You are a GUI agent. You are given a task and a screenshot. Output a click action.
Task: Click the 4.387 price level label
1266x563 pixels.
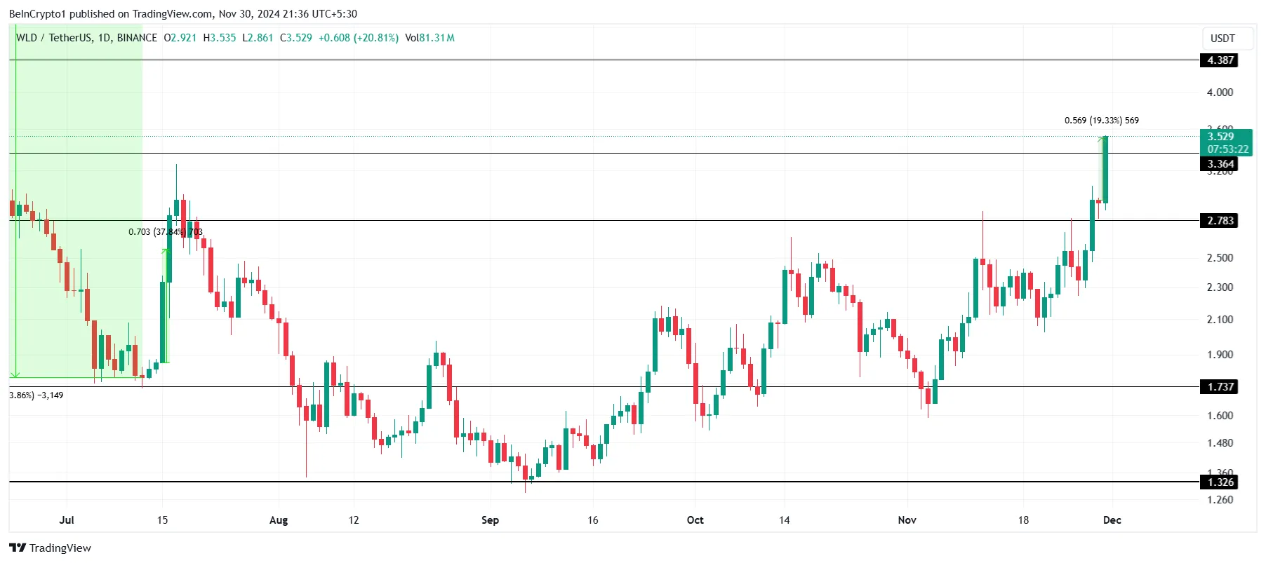1220,60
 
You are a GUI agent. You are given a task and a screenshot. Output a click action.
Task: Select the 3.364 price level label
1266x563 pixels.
1220,164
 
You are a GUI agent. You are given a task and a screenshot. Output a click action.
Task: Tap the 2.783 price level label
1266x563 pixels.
1220,221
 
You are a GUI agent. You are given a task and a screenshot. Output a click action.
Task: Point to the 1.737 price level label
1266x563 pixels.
1220,387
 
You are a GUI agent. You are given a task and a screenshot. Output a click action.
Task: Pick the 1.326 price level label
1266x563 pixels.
1220,482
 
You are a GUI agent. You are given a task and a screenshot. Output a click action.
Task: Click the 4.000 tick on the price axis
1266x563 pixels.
1220,93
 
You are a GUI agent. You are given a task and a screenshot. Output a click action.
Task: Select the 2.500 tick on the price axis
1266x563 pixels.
1220,258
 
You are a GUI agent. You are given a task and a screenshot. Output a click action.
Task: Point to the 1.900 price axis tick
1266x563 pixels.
1220,355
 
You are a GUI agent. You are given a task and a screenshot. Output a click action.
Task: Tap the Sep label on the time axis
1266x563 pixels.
490,520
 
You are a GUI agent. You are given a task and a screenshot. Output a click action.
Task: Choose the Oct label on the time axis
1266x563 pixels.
695,520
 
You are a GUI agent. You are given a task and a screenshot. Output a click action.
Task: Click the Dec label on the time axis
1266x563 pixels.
1112,520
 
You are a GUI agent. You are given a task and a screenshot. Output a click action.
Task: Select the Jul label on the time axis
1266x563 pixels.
67,520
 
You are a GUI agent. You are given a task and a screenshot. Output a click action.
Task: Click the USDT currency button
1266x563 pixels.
1222,39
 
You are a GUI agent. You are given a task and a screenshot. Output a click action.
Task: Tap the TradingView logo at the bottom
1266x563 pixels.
51,548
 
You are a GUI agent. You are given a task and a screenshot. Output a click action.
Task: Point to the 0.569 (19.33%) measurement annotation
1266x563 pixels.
1101,121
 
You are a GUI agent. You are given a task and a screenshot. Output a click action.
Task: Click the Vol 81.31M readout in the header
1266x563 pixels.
429,38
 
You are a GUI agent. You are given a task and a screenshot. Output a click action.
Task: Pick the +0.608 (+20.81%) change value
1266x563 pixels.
358,38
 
